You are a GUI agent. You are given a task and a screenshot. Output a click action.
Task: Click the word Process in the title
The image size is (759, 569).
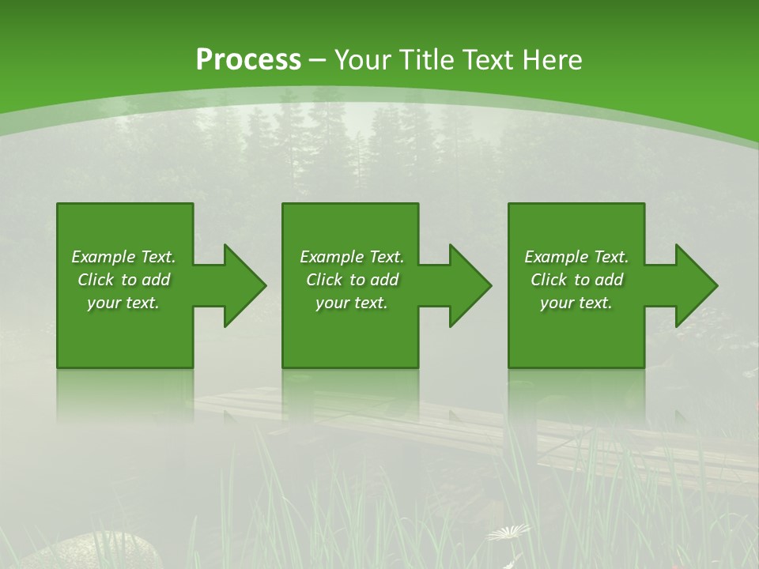(x=248, y=60)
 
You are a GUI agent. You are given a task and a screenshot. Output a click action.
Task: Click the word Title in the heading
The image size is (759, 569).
(x=429, y=60)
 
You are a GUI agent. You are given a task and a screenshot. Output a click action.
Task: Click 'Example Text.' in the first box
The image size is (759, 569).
(x=123, y=257)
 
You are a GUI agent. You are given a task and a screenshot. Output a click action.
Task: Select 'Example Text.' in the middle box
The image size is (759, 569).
(x=351, y=257)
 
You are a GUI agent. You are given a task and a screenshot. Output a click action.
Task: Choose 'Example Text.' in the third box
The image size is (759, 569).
(x=576, y=257)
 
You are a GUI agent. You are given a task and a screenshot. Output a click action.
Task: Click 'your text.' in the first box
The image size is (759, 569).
(x=123, y=303)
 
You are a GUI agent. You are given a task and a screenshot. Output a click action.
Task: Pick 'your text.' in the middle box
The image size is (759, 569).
(x=351, y=303)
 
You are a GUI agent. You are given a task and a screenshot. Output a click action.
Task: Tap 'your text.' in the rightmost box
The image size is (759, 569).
(x=576, y=303)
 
